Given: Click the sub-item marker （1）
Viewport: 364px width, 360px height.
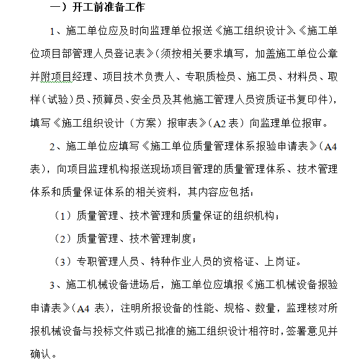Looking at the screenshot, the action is tap(63, 215).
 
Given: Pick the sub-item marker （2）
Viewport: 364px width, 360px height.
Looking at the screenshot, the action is tap(63, 238).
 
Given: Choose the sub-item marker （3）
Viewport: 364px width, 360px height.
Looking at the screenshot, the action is tap(63, 261).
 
